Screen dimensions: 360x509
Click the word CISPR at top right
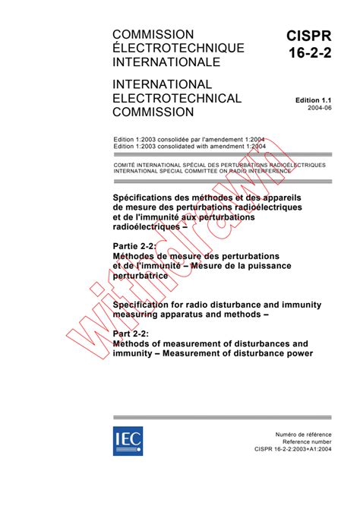coord(311,36)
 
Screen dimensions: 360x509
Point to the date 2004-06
coord(318,109)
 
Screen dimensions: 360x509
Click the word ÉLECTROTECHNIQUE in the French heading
coord(178,49)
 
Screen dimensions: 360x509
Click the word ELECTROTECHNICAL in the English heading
coord(176,99)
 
